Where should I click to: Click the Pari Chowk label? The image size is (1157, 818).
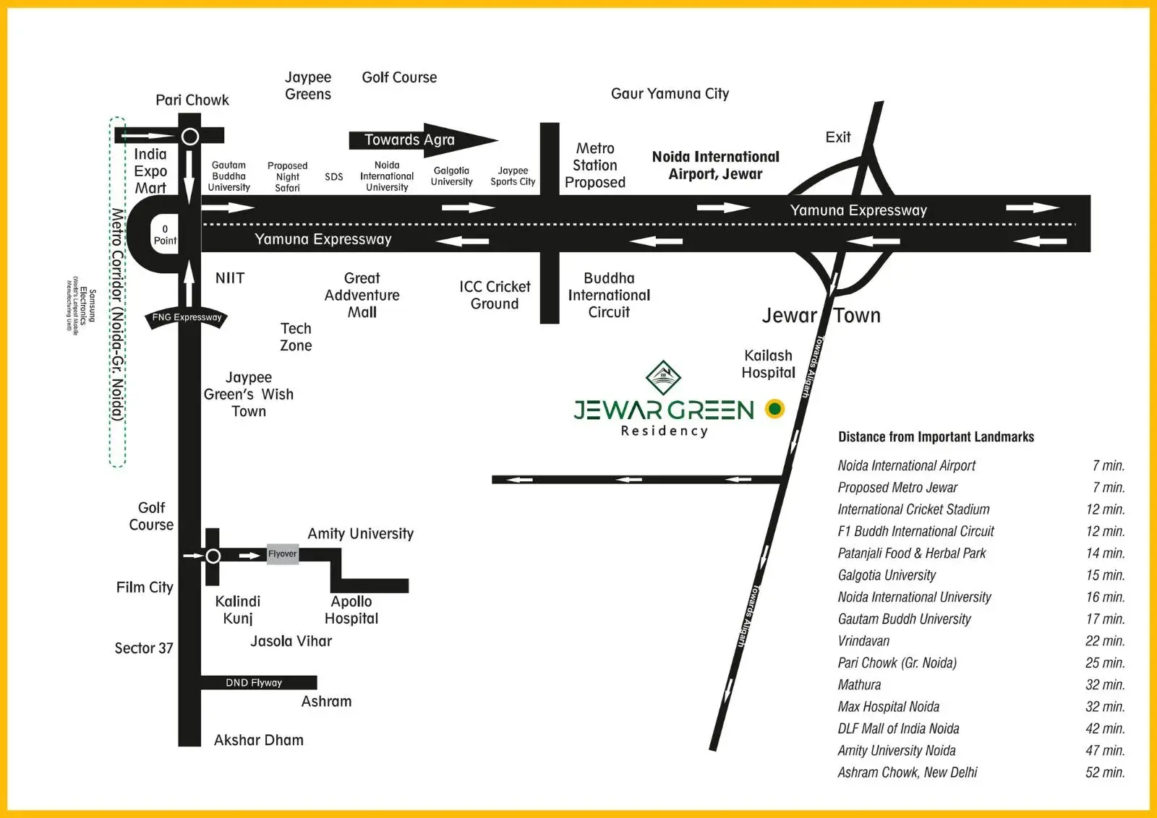[x=192, y=100]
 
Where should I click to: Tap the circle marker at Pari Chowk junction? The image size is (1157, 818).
[x=190, y=136]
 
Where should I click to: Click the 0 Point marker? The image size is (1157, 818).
[x=165, y=235]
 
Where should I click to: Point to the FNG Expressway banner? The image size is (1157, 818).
[x=187, y=317]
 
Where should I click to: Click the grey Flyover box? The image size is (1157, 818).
[x=283, y=554]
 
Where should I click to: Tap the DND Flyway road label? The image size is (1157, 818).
[x=254, y=683]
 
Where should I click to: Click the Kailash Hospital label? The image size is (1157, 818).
[x=768, y=364]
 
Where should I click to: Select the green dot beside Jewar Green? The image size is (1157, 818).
[x=774, y=409]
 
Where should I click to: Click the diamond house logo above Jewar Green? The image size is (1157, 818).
[x=663, y=376]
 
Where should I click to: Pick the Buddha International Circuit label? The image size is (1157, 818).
[x=609, y=295]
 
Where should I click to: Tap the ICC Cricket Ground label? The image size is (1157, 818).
[x=495, y=295]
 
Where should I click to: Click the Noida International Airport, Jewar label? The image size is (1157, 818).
[x=715, y=165]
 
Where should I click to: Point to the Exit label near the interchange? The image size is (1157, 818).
[x=838, y=137]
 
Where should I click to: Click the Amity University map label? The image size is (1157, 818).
[x=360, y=534]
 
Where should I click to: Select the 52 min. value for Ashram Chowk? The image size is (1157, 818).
[x=1105, y=772]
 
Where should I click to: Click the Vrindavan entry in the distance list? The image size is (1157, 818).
[x=863, y=641]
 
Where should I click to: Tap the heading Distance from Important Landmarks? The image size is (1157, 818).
[x=936, y=437]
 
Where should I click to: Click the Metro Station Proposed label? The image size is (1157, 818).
[x=595, y=165]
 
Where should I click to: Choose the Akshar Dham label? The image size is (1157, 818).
[x=259, y=740]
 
